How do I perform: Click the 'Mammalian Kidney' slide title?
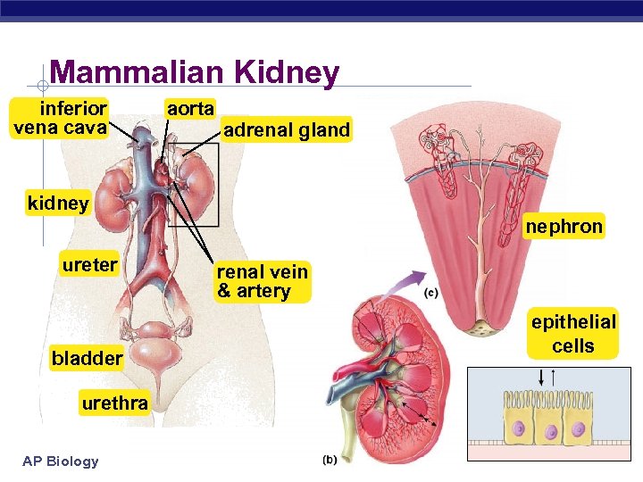click(x=195, y=73)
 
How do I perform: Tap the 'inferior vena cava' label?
click(x=60, y=118)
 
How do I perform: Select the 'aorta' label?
click(x=191, y=109)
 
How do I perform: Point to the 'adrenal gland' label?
click(x=287, y=130)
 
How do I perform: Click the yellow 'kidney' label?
click(x=58, y=203)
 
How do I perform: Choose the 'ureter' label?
click(x=89, y=264)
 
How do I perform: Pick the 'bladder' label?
click(x=87, y=359)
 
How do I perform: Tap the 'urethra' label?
click(x=114, y=403)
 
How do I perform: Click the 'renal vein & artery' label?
click(x=263, y=281)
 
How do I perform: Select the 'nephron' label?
click(x=564, y=227)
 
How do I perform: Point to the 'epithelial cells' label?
click(x=573, y=334)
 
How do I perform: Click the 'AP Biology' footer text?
click(x=61, y=461)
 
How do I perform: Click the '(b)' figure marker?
click(x=330, y=460)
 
